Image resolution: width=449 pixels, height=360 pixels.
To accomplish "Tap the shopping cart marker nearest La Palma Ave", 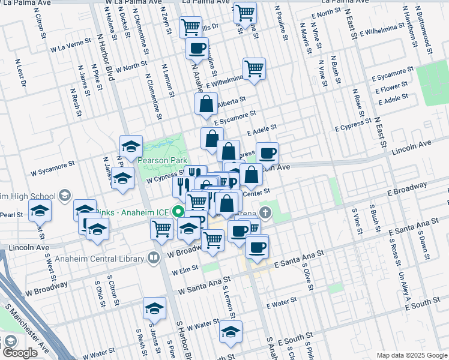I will pyautogui.click(x=244, y=11).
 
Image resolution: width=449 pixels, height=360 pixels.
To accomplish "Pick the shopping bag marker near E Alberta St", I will pyautogui.click(x=206, y=104).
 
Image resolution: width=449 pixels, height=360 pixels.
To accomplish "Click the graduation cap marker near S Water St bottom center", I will pyautogui.click(x=231, y=331).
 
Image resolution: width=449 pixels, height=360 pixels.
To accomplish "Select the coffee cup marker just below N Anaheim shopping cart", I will pyautogui.click(x=196, y=49).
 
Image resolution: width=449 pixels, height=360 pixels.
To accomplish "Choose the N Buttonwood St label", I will pyautogui.click(x=425, y=27).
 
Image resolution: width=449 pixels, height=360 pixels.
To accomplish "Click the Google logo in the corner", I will pyautogui.click(x=20, y=353).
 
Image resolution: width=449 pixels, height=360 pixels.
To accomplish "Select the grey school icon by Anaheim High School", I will pyautogui.click(x=64, y=196).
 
